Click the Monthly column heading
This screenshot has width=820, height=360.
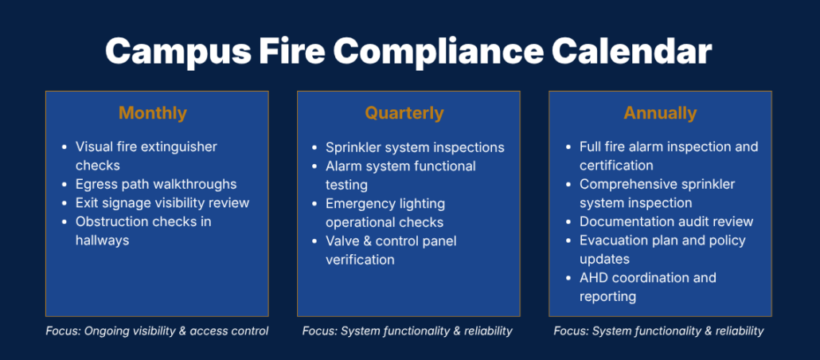click(153, 113)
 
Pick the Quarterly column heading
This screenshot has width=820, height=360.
click(404, 112)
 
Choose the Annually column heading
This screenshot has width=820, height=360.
click(660, 113)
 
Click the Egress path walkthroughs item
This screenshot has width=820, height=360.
click(156, 184)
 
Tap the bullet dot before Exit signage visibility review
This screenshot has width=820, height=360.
click(64, 203)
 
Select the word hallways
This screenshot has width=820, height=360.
click(102, 241)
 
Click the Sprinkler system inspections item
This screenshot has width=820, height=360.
click(415, 147)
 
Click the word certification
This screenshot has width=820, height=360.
click(616, 166)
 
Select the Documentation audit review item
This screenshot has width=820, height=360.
click(666, 221)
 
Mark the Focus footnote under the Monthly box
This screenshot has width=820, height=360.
click(157, 331)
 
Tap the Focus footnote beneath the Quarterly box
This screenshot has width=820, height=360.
click(408, 331)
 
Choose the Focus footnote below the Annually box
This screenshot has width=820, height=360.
click(659, 331)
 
